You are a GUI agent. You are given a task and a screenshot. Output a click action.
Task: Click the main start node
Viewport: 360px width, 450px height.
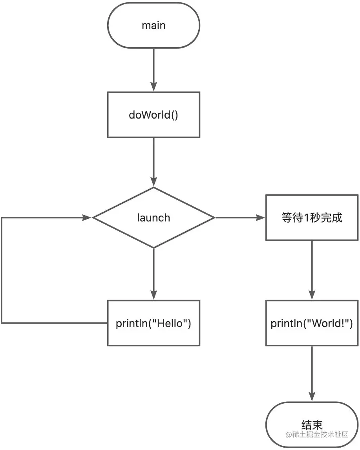pyautogui.click(x=154, y=26)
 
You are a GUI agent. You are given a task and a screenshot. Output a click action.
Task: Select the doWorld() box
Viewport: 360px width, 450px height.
pyautogui.click(x=154, y=115)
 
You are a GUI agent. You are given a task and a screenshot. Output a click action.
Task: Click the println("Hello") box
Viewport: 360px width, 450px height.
pyautogui.click(x=154, y=323)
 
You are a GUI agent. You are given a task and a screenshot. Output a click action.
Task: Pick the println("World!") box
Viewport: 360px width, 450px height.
pyautogui.click(x=312, y=323)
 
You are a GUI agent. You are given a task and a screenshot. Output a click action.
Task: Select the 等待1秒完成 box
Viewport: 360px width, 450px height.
pyautogui.click(x=312, y=218)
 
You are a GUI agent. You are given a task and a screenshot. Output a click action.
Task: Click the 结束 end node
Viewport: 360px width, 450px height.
pyautogui.click(x=312, y=425)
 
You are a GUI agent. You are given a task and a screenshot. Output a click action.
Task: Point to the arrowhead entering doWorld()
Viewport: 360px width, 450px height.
pyautogui.click(x=154, y=87)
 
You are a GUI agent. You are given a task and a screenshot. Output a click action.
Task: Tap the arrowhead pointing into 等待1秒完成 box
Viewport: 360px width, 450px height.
pyautogui.click(x=261, y=218)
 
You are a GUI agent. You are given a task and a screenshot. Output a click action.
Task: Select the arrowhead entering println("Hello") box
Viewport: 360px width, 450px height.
pyautogui.click(x=154, y=295)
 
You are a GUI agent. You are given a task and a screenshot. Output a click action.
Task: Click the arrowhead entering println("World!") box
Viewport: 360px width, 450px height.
pyautogui.click(x=312, y=295)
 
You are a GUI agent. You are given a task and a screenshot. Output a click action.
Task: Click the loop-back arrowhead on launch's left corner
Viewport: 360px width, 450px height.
pyautogui.click(x=87, y=218)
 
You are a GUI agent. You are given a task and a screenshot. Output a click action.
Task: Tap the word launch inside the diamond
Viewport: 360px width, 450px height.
pyautogui.click(x=154, y=218)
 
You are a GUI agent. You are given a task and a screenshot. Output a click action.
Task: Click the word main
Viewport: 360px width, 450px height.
pyautogui.click(x=154, y=26)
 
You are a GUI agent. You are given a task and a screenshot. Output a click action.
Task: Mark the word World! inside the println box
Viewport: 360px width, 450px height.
pyautogui.click(x=330, y=323)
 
